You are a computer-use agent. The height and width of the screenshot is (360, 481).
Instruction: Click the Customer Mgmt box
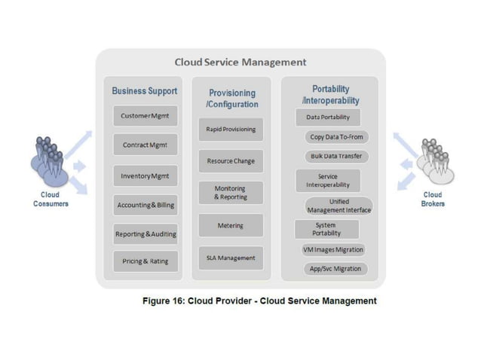[x=145, y=116]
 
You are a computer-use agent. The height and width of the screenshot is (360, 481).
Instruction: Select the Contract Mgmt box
[x=145, y=145]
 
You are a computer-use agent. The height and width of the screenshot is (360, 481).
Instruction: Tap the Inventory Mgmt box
[x=145, y=175]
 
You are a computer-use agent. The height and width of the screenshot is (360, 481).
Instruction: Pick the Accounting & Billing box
[x=146, y=205]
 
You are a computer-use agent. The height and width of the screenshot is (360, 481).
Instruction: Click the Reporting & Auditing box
[x=146, y=234]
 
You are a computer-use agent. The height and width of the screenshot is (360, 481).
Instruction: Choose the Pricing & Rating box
[x=146, y=262]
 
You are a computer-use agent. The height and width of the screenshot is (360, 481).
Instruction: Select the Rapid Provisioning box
[x=231, y=129]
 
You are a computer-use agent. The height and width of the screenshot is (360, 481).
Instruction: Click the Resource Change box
[x=231, y=160]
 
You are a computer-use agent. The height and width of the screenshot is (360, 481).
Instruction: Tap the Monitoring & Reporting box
[x=231, y=192]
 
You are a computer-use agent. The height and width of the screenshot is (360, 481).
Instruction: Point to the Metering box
[x=231, y=225]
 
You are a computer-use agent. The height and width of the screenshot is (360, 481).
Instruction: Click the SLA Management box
[x=231, y=258]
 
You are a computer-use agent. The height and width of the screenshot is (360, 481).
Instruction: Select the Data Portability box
[x=327, y=117]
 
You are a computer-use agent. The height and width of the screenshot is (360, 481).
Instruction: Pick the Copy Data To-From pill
[x=335, y=137]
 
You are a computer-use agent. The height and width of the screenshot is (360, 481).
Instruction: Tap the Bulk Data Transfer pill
[x=335, y=157]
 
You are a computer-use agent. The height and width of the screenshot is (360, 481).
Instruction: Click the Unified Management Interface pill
[x=339, y=206]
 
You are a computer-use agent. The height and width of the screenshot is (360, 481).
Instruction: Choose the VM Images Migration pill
[x=332, y=249]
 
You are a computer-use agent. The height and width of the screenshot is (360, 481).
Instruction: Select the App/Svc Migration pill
[x=335, y=268]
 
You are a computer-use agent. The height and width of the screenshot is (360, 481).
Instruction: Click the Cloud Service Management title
[x=240, y=62]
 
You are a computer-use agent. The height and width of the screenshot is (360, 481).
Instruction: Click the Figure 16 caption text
[x=259, y=301]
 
